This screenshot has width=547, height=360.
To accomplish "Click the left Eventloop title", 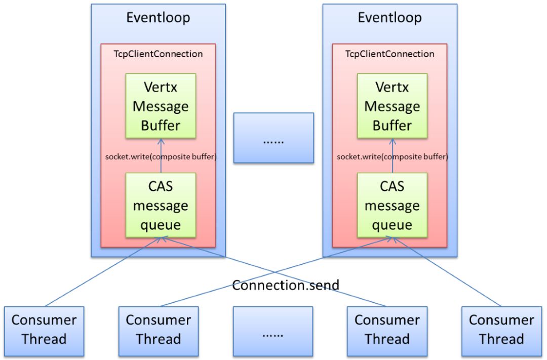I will click(x=158, y=18).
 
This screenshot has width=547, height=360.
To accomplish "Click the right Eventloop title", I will click(x=389, y=18).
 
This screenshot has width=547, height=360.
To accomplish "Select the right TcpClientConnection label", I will click(x=389, y=54).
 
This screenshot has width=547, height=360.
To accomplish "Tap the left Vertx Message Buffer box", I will click(x=161, y=106).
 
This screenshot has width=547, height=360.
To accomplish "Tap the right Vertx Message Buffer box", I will click(x=392, y=106).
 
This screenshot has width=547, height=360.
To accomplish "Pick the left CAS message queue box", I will click(x=161, y=205).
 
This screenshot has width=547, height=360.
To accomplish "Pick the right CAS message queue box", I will click(x=392, y=205).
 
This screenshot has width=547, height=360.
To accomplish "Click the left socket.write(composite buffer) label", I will click(x=161, y=156).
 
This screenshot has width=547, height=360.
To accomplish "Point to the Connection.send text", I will click(x=286, y=285).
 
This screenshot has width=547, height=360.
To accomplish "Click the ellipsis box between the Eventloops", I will click(x=273, y=138).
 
